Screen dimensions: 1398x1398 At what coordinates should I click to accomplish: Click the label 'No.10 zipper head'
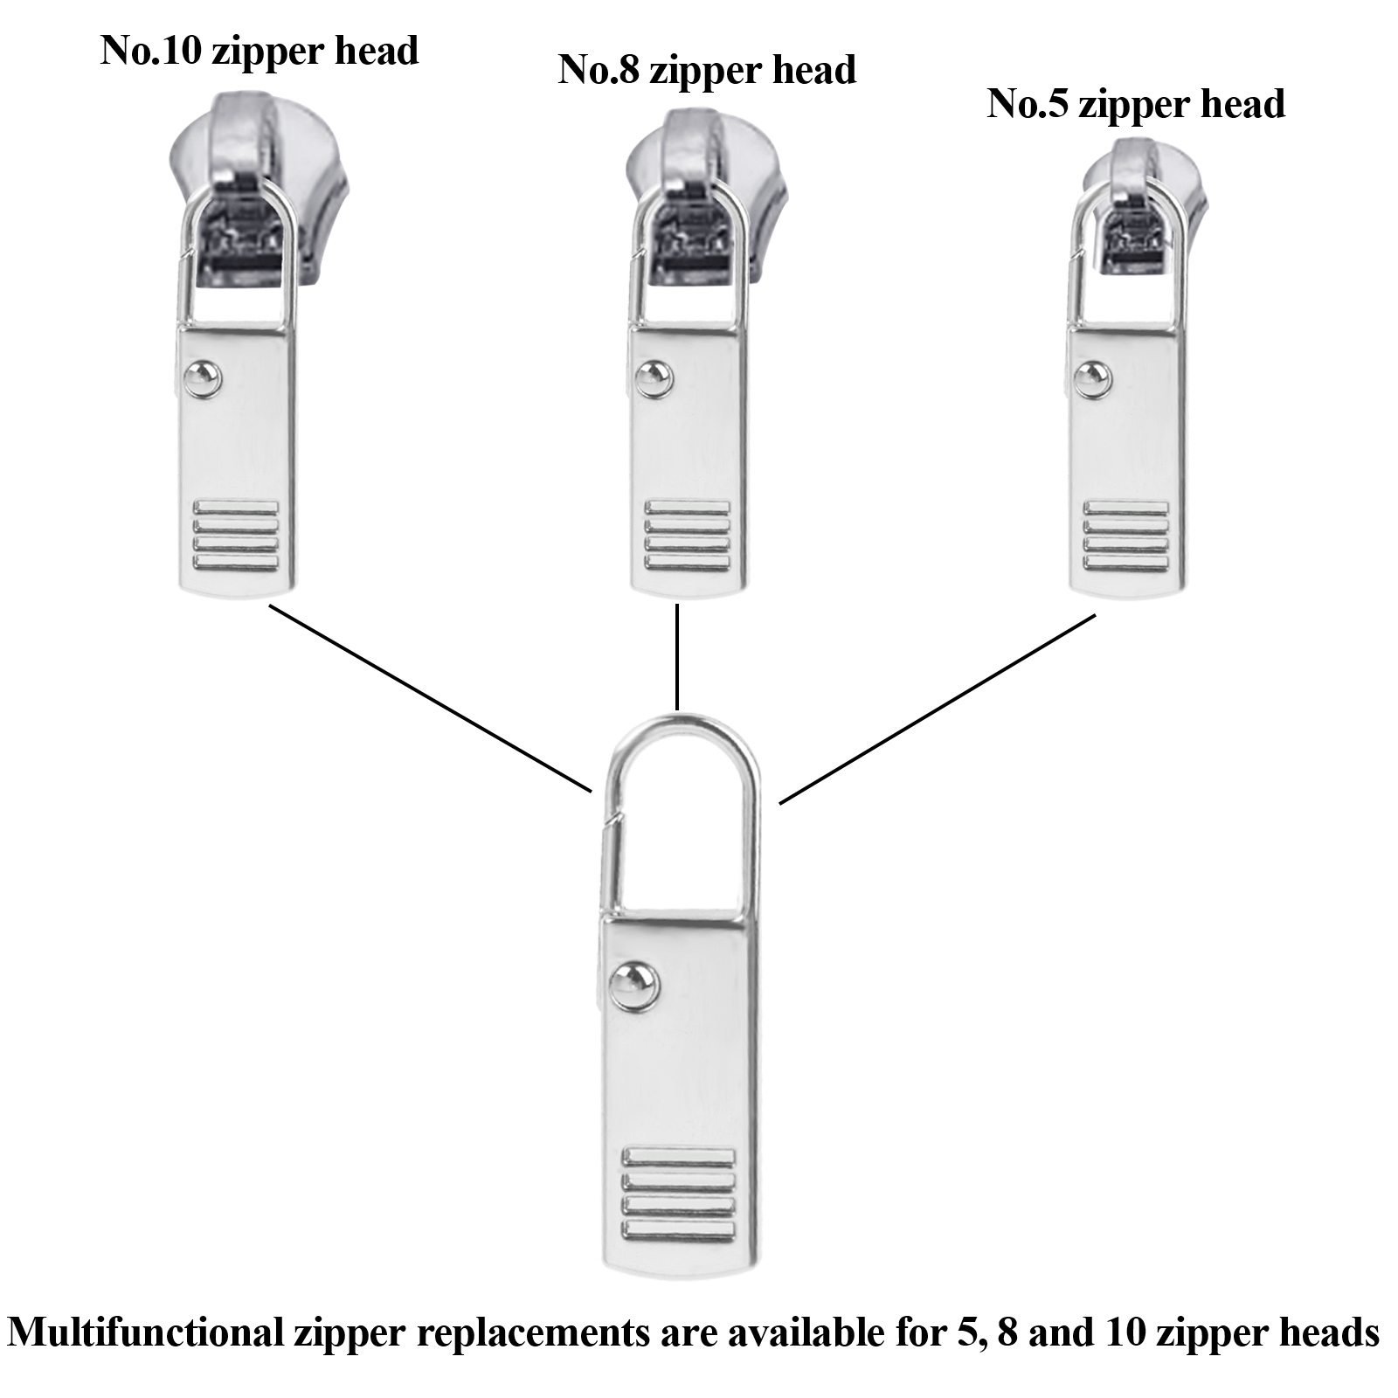coord(260,51)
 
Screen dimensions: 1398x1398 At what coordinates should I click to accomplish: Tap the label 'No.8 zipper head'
coord(707,70)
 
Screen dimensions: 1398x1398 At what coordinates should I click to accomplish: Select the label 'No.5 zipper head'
coord(1136,104)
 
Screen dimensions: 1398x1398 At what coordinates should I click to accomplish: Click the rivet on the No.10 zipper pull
coord(204,377)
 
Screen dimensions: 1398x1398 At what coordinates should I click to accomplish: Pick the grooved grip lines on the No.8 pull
coord(686,535)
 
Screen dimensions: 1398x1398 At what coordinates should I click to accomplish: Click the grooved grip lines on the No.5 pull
coord(1125,535)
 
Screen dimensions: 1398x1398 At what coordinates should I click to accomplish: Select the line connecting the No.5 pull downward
coord(937,708)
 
